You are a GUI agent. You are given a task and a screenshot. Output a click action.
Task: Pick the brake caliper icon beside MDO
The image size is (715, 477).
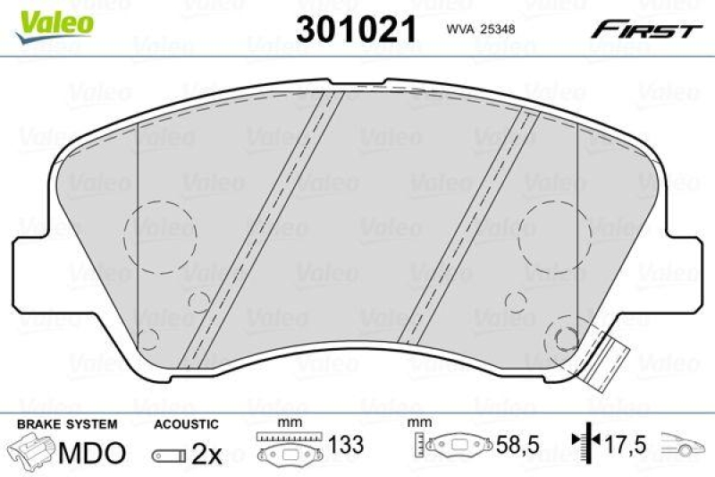(x=31, y=451)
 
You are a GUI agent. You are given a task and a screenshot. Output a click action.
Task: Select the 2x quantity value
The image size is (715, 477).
(x=206, y=454)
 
